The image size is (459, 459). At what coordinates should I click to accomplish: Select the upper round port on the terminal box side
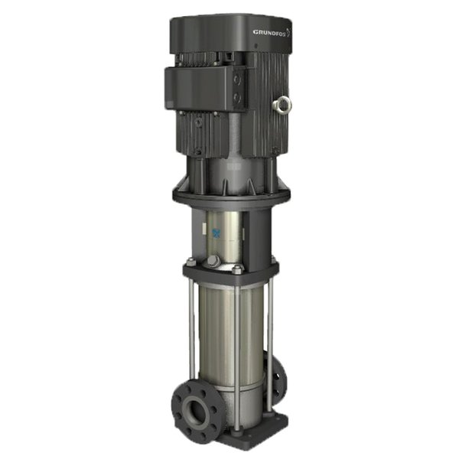coord(236,80)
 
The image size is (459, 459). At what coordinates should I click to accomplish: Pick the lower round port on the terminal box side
coord(237,97)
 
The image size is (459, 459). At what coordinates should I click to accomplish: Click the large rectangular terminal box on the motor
coord(200,88)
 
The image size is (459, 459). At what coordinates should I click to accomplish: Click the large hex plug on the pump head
coord(214,261)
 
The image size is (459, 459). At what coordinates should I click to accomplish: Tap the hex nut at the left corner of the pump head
coord(191,261)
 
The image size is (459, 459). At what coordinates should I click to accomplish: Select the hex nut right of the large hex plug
coord(237,269)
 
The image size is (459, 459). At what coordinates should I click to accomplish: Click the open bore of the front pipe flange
coord(194,411)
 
